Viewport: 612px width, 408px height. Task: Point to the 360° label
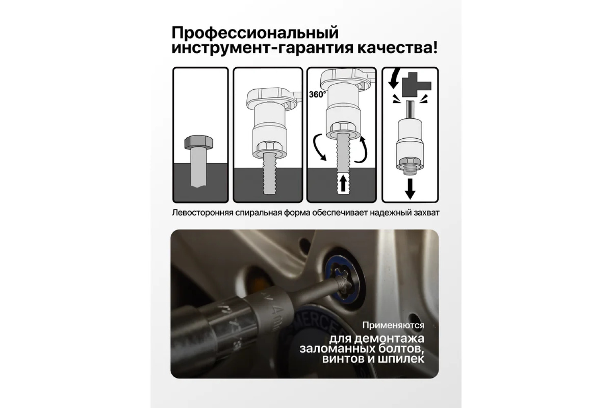317,94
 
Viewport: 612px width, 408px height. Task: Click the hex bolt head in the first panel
199,142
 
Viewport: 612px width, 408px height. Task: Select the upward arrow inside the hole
343,184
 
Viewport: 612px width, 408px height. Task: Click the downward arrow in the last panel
410,188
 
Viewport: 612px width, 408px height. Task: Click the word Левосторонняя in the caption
202,213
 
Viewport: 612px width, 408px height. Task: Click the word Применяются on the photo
393,325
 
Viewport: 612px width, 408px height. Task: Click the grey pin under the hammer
410,110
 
